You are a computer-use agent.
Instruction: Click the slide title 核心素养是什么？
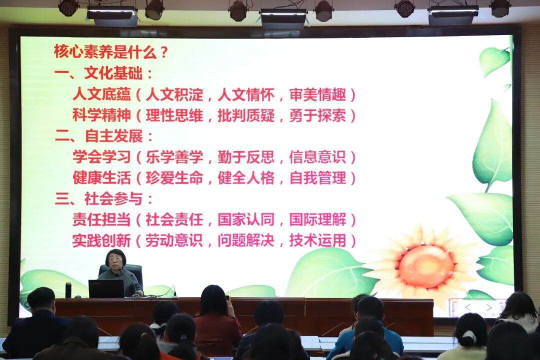(x=111, y=51)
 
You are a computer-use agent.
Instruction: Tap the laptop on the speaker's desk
(x=106, y=288)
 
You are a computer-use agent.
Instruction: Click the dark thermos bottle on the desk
(x=68, y=290)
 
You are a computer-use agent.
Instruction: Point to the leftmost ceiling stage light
(x=68, y=7)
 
